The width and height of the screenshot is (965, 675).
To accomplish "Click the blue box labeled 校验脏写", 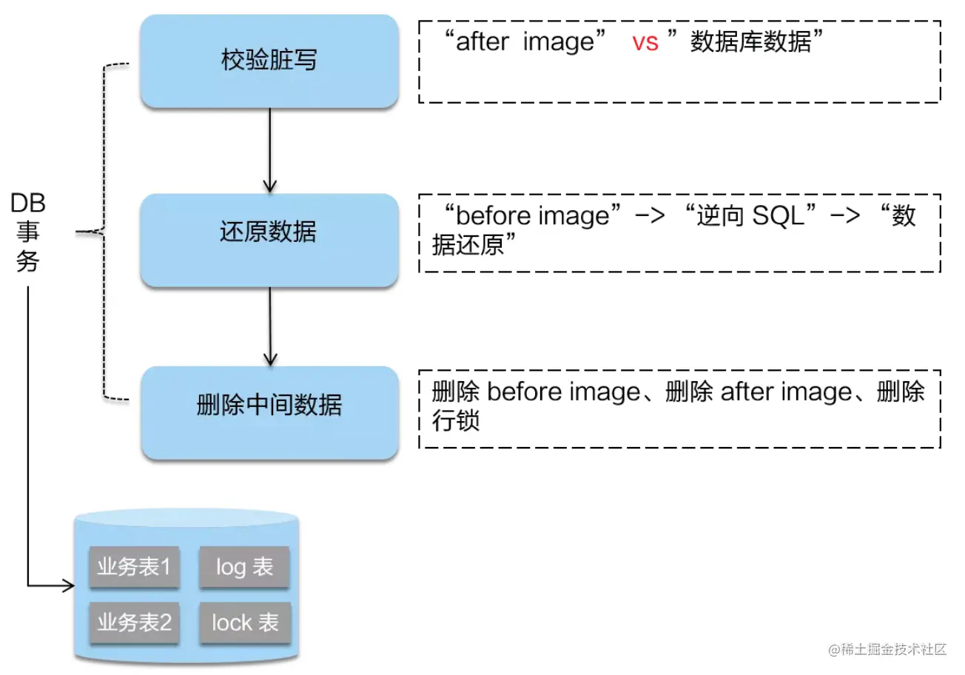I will tap(269, 61).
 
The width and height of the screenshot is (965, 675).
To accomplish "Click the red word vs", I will tap(645, 43).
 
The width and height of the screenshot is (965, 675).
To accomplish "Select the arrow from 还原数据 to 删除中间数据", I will tap(269, 326).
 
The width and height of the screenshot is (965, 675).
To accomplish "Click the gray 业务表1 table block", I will tap(134, 568).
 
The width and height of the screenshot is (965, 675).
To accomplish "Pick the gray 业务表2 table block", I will tap(134, 622).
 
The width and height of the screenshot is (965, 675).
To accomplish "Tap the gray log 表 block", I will tap(244, 568).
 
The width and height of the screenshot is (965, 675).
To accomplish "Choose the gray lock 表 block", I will tap(245, 622).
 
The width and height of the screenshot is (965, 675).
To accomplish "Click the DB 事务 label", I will tap(28, 232).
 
